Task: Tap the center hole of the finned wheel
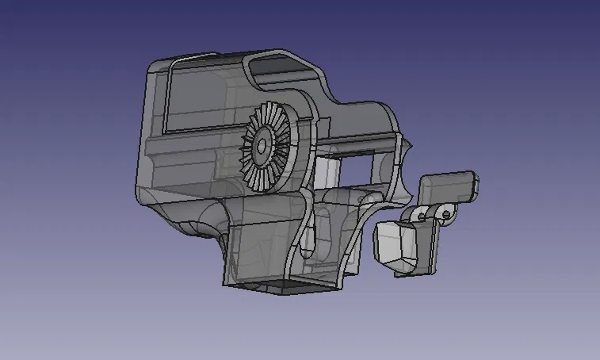(261, 147)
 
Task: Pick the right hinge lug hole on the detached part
(448, 213)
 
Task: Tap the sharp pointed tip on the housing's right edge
(413, 147)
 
